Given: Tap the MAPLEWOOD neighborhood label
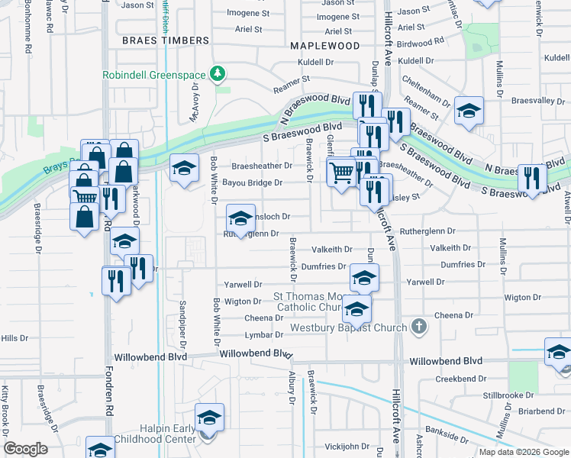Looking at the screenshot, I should click(x=324, y=46).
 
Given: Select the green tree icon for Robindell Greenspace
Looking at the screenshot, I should click(x=220, y=73).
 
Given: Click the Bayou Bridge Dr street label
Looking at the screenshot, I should click(x=253, y=183).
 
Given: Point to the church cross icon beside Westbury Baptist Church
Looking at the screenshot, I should click(x=418, y=327).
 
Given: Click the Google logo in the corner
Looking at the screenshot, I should click(x=26, y=449).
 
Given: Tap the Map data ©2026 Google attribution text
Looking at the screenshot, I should click(x=524, y=452).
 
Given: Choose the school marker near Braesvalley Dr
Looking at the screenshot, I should click(x=469, y=111).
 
